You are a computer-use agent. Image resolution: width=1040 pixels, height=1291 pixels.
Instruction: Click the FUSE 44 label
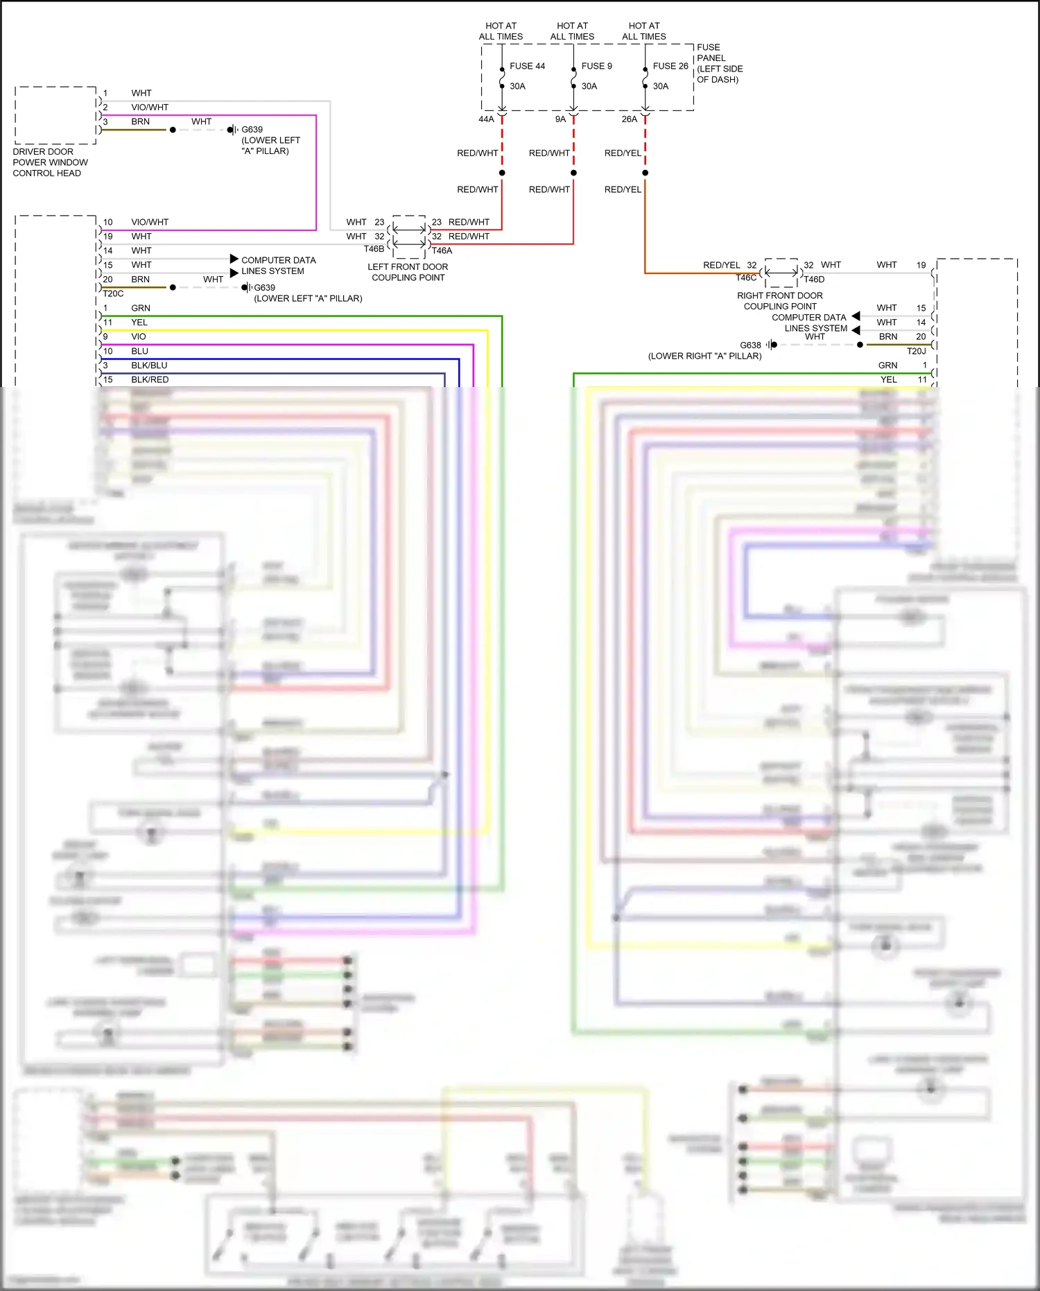coord(527,66)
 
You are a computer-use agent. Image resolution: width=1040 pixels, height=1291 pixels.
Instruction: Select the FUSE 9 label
coord(596,66)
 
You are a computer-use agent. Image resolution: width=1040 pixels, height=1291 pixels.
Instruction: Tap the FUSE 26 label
coord(670,66)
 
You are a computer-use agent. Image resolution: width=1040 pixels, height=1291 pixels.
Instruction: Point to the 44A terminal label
coord(486,119)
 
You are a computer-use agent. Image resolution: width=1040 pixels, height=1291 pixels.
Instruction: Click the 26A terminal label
coord(629,119)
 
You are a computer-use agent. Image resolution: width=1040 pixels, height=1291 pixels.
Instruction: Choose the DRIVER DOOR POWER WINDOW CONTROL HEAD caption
coord(50,162)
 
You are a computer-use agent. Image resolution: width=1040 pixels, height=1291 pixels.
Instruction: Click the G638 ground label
coord(750,345)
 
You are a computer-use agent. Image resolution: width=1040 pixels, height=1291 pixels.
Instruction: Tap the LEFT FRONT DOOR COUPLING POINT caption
coord(408,272)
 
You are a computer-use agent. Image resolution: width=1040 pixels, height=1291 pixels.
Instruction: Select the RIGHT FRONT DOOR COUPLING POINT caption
coord(780,301)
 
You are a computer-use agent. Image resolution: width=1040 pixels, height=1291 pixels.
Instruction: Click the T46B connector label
coord(374,249)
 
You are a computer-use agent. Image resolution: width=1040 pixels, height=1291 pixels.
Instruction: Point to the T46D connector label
coord(814,280)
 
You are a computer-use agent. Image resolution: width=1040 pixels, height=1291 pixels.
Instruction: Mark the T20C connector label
coord(113,293)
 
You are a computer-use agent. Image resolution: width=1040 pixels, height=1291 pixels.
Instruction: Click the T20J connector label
coord(916,351)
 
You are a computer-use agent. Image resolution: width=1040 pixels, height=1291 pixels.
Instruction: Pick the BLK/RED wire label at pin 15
coord(150,379)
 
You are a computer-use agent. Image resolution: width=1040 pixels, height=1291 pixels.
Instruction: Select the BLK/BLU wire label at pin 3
coord(149,366)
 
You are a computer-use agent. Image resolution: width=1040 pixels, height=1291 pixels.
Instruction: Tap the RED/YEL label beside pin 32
coord(721,265)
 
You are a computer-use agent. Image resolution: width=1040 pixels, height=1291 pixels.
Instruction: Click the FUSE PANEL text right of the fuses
coord(719,63)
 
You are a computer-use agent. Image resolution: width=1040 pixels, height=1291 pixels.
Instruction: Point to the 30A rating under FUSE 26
coord(661,86)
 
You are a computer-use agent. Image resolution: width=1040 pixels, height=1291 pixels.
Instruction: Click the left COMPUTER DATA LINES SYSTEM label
coord(278,266)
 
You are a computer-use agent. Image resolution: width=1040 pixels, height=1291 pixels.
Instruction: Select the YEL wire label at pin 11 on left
coord(139,323)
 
